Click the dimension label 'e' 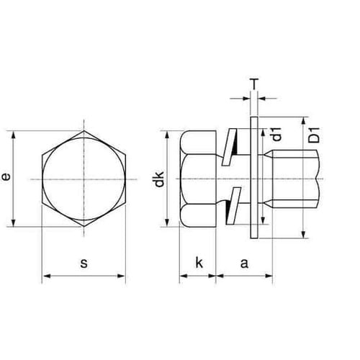point(6,178)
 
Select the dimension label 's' point(84,264)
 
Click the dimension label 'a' point(244,264)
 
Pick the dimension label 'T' point(255,84)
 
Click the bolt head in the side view point(198,178)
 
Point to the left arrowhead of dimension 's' point(45,274)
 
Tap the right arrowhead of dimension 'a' point(271,274)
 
